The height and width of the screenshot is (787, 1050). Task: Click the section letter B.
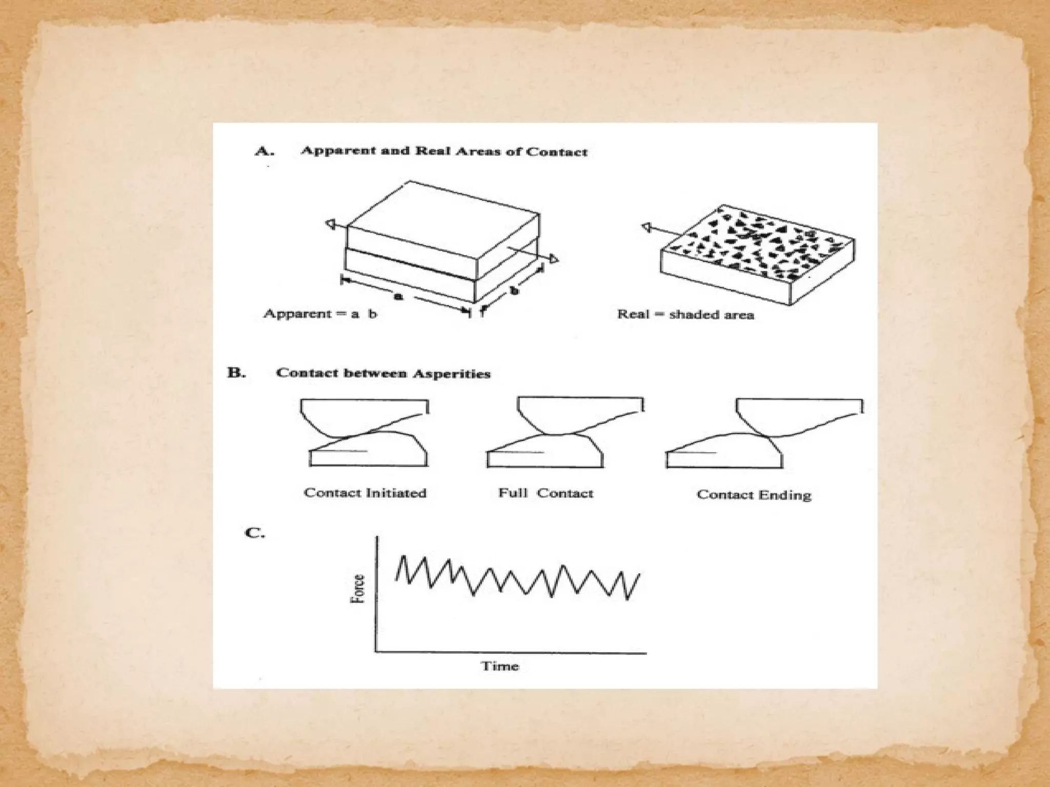coord(236,372)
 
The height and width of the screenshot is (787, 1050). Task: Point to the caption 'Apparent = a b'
coord(320,314)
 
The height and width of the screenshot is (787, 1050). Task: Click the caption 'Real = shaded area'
coord(685,314)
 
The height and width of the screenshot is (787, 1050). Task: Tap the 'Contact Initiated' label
coord(365,493)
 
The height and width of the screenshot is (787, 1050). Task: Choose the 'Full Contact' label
coord(546,493)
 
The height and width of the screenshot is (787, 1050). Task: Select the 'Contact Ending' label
coord(754,495)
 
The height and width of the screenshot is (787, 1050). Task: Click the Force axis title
coord(358,589)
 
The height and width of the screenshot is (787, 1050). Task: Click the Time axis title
coord(500,666)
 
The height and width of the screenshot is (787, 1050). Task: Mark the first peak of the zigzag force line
coord(403,556)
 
